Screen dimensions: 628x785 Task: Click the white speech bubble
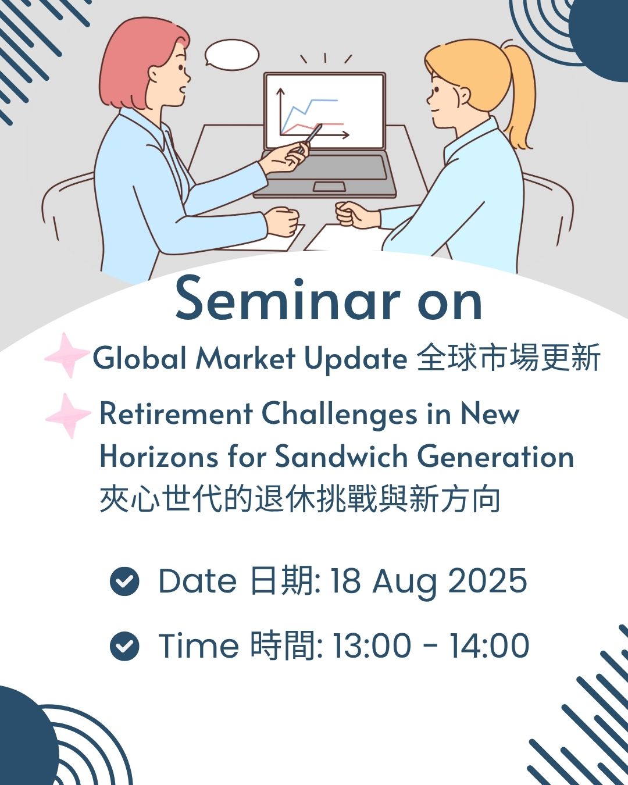(x=231, y=55)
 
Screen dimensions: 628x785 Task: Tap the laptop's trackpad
(x=329, y=187)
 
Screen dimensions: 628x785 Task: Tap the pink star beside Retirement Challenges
(x=68, y=416)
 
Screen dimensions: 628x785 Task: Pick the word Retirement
(x=176, y=413)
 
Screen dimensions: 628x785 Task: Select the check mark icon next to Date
(x=124, y=581)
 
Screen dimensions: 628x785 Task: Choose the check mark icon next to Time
(x=124, y=646)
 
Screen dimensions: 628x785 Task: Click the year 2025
(x=487, y=580)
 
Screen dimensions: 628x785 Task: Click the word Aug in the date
(x=404, y=583)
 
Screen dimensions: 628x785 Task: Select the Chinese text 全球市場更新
(x=508, y=358)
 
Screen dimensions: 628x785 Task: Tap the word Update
(x=356, y=359)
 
